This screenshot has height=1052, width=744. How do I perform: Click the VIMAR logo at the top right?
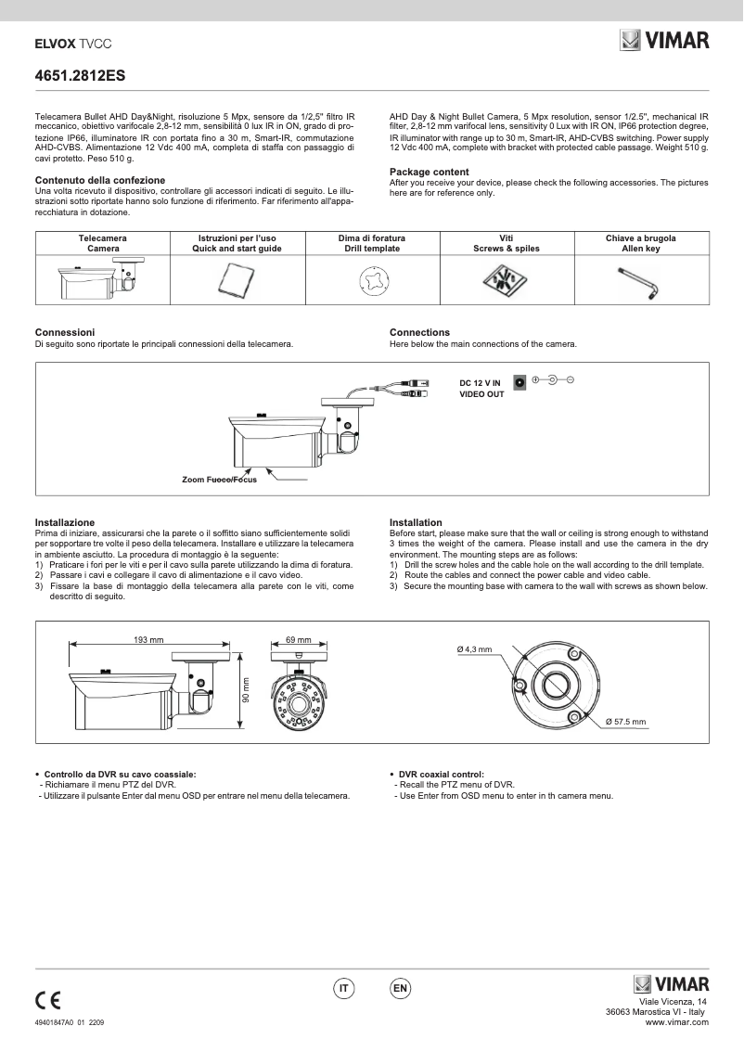[663, 40]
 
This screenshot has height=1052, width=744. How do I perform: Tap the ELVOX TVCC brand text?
[67, 43]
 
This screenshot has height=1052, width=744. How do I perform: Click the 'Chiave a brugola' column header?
[641, 238]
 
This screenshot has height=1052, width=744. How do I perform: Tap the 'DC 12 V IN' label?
[481, 381]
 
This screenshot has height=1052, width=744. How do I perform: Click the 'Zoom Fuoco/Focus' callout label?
[219, 480]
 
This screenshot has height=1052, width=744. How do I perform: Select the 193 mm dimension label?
[148, 640]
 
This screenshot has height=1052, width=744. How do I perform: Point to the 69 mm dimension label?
[298, 640]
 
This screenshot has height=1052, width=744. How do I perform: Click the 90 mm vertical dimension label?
[247, 691]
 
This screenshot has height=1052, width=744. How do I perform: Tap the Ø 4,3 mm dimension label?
[474, 648]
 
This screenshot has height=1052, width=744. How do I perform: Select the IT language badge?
[344, 990]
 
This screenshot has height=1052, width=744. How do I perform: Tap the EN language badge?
[401, 990]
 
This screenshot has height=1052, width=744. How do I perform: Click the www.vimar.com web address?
[677, 1022]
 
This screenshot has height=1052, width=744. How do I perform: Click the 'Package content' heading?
[429, 172]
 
